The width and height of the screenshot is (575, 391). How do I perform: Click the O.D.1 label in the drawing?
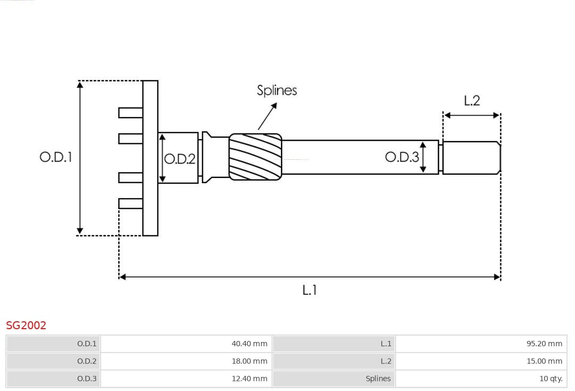click(55, 157)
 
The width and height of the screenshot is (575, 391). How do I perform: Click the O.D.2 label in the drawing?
click(179, 159)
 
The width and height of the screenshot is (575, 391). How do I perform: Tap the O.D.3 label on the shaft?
click(402, 157)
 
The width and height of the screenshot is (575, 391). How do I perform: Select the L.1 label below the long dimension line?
click(310, 290)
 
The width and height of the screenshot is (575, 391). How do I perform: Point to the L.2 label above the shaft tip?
click(472, 101)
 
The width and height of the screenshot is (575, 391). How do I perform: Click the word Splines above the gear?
click(277, 91)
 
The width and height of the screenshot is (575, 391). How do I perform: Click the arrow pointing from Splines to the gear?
click(268, 116)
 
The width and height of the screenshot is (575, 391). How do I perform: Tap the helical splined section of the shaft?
click(255, 156)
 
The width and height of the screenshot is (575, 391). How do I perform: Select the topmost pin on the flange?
click(130, 112)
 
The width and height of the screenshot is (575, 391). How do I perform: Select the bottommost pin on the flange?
click(130, 203)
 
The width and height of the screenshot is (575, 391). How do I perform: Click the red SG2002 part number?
click(26, 325)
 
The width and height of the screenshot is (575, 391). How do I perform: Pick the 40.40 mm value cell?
click(186, 344)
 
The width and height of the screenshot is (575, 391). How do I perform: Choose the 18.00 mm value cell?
click(186, 361)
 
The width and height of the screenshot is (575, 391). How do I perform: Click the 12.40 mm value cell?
click(186, 379)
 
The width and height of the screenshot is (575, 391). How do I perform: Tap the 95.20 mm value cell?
click(481, 344)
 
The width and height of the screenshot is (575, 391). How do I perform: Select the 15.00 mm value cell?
click(481, 361)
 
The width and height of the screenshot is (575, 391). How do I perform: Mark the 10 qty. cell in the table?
click(481, 379)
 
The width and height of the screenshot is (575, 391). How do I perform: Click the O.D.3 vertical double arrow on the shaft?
click(423, 157)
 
